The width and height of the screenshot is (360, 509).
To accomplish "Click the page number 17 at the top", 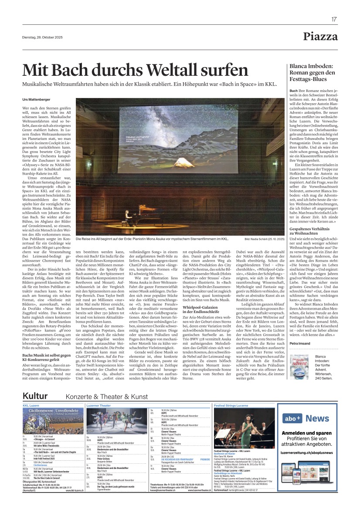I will click(x=334, y=19).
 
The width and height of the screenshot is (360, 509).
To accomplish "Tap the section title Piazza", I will click(x=320, y=37).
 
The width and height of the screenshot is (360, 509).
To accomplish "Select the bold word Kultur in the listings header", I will click(x=38, y=395).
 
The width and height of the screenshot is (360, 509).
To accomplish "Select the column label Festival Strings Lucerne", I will click(x=231, y=405).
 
